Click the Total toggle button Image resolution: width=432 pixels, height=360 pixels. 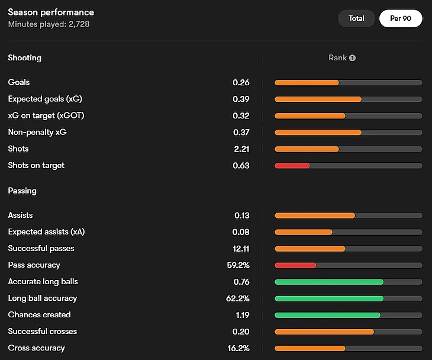click(x=356, y=18)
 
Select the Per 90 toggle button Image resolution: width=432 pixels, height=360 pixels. click(x=401, y=18)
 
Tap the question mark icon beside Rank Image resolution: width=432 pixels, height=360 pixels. click(x=353, y=58)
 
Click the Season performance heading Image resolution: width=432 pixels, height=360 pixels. click(x=51, y=12)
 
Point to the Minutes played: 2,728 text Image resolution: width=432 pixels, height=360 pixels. click(x=49, y=24)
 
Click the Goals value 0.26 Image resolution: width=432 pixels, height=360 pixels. click(x=241, y=82)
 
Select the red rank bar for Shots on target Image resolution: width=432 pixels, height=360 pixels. click(x=292, y=165)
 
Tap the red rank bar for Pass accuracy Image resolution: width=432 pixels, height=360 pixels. click(x=295, y=265)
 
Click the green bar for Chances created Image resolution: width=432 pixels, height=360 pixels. click(x=327, y=314)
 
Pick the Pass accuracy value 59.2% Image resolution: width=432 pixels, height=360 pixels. click(x=238, y=265)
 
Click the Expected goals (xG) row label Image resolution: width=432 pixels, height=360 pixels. click(x=45, y=99)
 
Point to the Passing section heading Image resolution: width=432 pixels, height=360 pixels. click(x=22, y=191)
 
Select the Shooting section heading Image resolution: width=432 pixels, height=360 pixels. click(x=24, y=58)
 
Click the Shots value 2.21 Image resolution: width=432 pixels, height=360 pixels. click(x=241, y=149)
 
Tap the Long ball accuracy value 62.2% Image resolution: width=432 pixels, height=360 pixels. click(x=238, y=298)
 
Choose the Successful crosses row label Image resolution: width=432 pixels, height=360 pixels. click(x=43, y=331)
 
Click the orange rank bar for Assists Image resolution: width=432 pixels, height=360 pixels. click(x=315, y=215)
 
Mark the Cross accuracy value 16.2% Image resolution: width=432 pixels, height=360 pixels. click(x=238, y=348)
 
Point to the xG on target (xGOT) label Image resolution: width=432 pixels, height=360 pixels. click(x=46, y=115)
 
